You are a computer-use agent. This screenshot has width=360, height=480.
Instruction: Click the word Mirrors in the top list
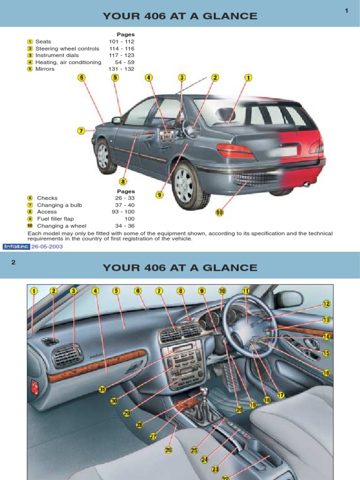point(45,69)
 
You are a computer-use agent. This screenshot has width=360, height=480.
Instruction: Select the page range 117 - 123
point(121,55)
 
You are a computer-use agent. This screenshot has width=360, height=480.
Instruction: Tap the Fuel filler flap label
point(55,219)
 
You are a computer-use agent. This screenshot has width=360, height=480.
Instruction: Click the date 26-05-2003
point(47,247)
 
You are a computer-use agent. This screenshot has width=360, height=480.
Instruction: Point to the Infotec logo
point(16,247)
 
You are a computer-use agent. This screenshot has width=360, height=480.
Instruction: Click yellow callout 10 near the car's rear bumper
point(219,212)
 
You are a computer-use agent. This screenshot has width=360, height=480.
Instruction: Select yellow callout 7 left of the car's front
point(81,131)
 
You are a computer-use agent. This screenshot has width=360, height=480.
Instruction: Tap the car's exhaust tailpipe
point(307,184)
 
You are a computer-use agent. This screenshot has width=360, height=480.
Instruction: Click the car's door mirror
point(116,120)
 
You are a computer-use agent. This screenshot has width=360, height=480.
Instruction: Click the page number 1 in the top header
point(346,11)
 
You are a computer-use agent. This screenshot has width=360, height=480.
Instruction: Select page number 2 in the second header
point(14,262)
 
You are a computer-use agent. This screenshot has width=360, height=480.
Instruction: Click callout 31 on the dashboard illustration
point(102,389)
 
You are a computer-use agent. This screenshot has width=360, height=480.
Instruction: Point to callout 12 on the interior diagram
point(326,304)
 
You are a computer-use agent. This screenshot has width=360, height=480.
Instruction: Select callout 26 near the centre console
point(169,450)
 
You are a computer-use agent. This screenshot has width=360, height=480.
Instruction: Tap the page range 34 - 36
point(125,225)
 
